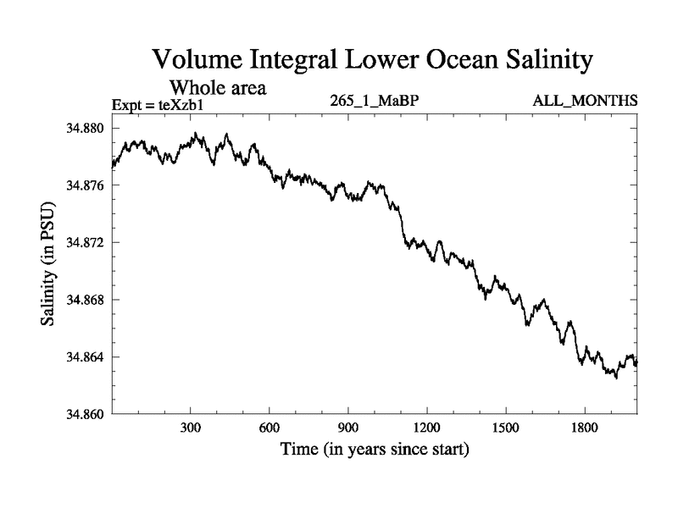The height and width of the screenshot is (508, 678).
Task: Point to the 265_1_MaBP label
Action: (375, 102)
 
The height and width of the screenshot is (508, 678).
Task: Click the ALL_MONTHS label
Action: (585, 102)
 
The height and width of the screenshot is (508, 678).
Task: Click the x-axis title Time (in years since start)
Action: (374, 450)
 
